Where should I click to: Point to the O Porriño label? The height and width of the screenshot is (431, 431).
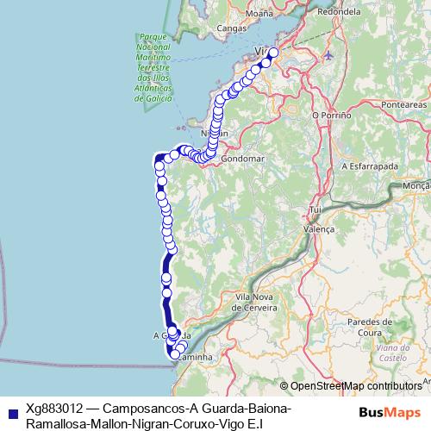tap(331, 114)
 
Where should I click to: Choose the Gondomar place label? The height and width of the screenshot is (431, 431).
tap(240, 159)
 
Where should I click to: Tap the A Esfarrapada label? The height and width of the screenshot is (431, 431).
tap(372, 165)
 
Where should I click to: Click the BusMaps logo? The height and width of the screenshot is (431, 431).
tap(389, 412)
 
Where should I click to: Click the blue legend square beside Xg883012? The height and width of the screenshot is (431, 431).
tap(10, 411)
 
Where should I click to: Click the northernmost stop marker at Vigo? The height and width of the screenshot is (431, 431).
tap(274, 53)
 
